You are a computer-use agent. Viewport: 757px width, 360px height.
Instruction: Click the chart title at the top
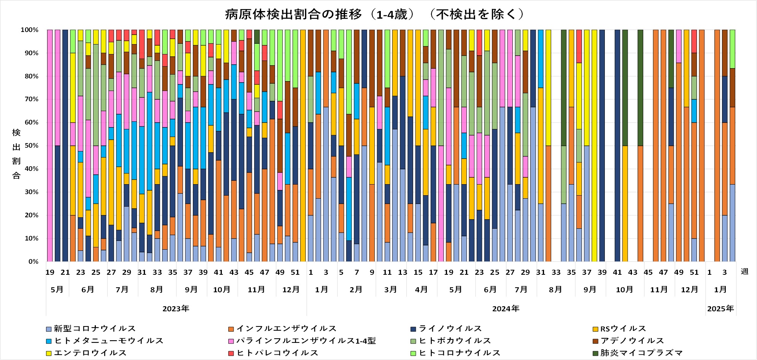tap(374, 14)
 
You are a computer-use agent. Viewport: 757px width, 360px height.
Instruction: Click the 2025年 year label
tap(720, 309)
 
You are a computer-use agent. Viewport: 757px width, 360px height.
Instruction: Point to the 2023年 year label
tap(176, 309)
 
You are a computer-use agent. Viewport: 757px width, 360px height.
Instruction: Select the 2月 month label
tap(356, 290)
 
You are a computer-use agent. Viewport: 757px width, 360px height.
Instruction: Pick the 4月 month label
tap(421, 290)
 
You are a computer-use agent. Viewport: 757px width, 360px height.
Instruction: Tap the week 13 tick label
tap(402, 272)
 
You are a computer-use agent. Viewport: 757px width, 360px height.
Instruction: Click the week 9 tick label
tap(372, 272)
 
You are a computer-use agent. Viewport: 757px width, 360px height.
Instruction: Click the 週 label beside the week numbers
tap(744, 272)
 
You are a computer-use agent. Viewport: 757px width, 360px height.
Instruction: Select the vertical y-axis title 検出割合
tap(16, 154)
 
